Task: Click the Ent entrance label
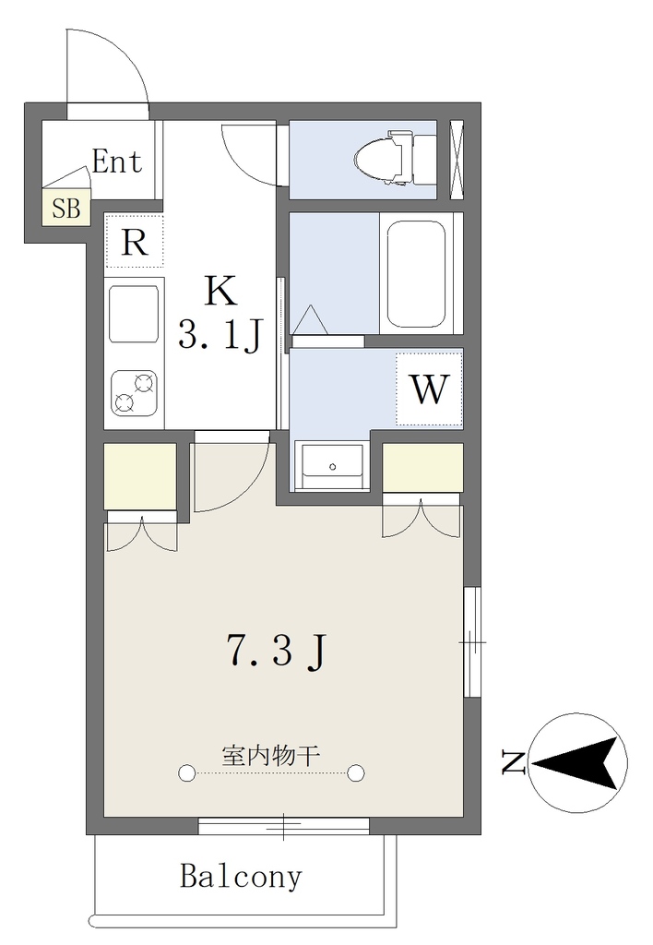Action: [117, 161]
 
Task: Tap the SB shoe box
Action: [65, 208]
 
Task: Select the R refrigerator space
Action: [135, 243]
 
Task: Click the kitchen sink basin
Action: [134, 315]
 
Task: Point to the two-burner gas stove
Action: [134, 393]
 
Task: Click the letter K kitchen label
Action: [220, 292]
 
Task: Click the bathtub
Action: [416, 273]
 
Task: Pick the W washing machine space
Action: [429, 389]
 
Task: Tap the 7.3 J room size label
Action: [277, 652]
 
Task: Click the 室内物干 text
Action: [270, 755]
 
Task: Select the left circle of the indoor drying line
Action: [186, 772]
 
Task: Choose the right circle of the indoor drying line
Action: [356, 772]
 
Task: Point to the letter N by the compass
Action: [513, 762]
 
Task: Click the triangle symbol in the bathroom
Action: [312, 320]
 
